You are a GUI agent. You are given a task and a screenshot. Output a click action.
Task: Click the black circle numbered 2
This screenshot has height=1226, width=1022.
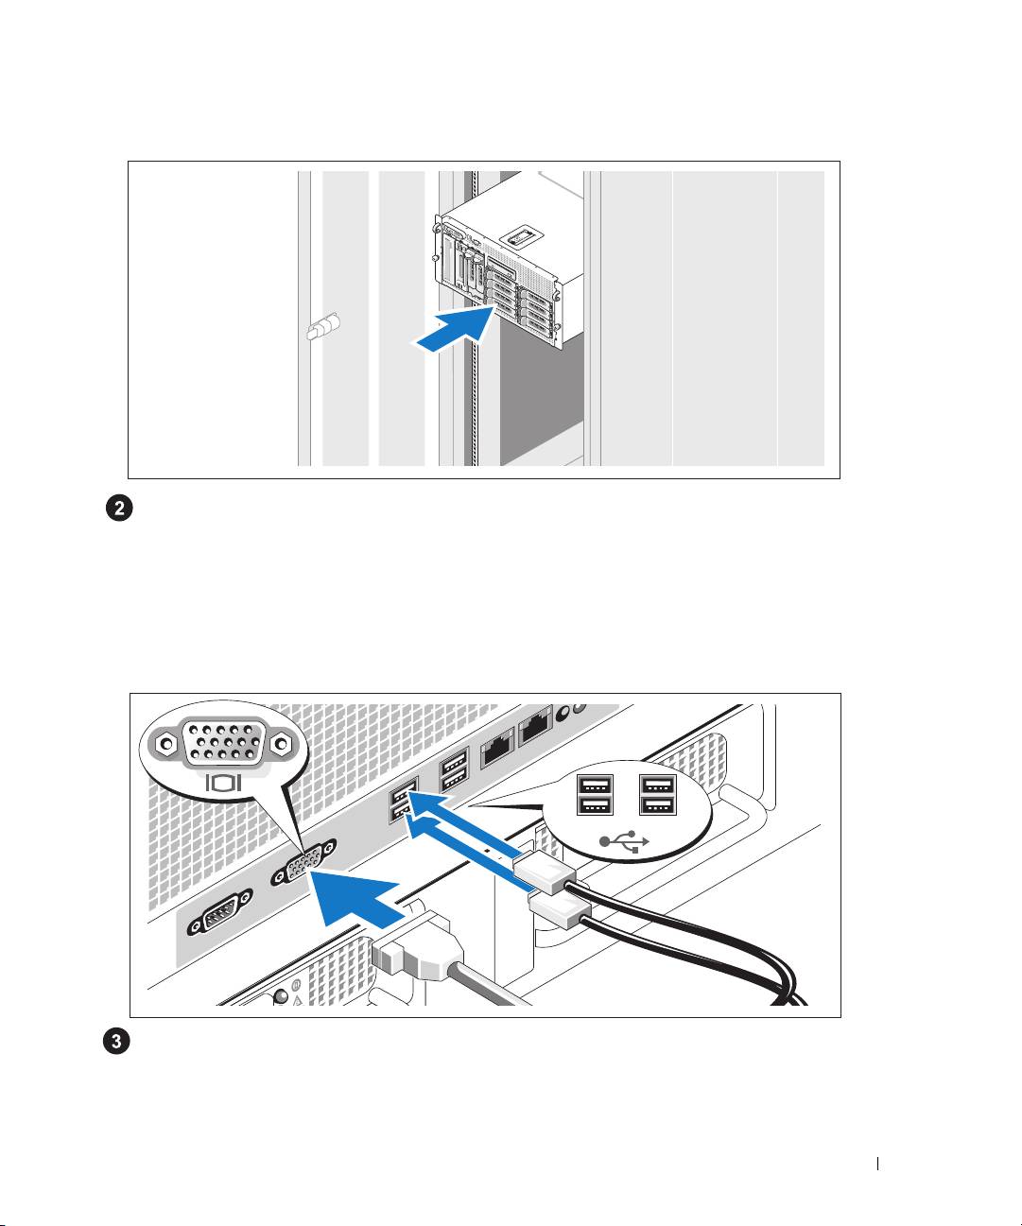[119, 509]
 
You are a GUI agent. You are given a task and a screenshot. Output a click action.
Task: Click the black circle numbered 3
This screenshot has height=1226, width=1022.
[117, 1041]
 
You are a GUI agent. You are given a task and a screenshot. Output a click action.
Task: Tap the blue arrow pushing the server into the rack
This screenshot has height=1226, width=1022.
[454, 330]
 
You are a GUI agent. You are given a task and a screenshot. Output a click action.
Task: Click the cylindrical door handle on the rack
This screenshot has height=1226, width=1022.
[323, 326]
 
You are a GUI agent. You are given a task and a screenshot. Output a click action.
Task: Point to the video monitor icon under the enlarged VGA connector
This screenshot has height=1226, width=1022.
[223, 783]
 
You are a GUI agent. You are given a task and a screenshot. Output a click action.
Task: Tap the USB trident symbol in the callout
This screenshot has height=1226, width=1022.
[624, 842]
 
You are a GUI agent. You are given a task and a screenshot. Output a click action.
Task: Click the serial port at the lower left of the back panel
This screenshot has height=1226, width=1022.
[219, 913]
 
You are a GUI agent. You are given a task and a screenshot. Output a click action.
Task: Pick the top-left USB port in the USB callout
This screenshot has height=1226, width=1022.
[595, 786]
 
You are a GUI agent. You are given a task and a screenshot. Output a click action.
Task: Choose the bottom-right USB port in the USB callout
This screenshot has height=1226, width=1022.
[658, 805]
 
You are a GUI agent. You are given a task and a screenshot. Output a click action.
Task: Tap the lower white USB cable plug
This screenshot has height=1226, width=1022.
[560, 910]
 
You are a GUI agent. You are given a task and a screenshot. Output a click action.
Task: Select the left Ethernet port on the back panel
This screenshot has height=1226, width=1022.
[497, 748]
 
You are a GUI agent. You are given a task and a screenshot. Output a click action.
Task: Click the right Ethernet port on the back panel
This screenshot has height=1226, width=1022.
[535, 725]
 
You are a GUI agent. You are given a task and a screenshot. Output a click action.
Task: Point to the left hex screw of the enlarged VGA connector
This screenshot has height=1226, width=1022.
[166, 744]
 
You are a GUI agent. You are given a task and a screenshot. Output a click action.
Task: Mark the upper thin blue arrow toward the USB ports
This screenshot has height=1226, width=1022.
[464, 822]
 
